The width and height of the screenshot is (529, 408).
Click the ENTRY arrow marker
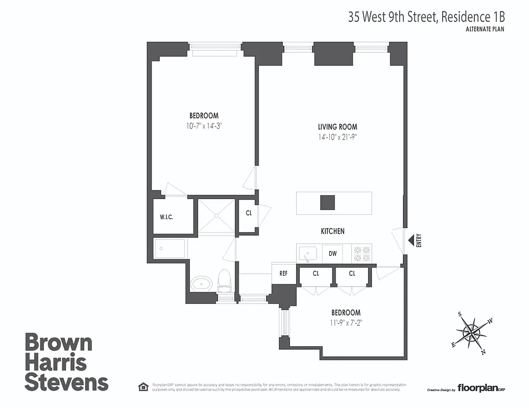tap(410, 240)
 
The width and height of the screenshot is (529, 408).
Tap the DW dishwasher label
tap(332, 253)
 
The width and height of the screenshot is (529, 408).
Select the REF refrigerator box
tap(283, 274)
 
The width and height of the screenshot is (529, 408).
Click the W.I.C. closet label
tap(167, 217)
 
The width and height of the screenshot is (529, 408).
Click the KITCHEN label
tap(332, 231)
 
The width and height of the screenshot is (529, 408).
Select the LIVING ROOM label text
tap(338, 127)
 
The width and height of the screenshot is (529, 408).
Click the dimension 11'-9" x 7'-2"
tap(346, 322)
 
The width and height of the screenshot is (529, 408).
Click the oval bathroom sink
tap(202, 283)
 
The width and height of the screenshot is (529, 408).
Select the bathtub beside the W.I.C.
tap(171, 249)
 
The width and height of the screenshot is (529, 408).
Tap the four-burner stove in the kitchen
tap(362, 254)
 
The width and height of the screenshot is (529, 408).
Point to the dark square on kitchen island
tap(327, 202)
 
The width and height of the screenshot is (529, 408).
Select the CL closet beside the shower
tap(249, 213)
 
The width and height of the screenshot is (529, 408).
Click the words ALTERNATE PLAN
tap(485, 29)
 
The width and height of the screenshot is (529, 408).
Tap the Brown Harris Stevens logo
tap(66, 362)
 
